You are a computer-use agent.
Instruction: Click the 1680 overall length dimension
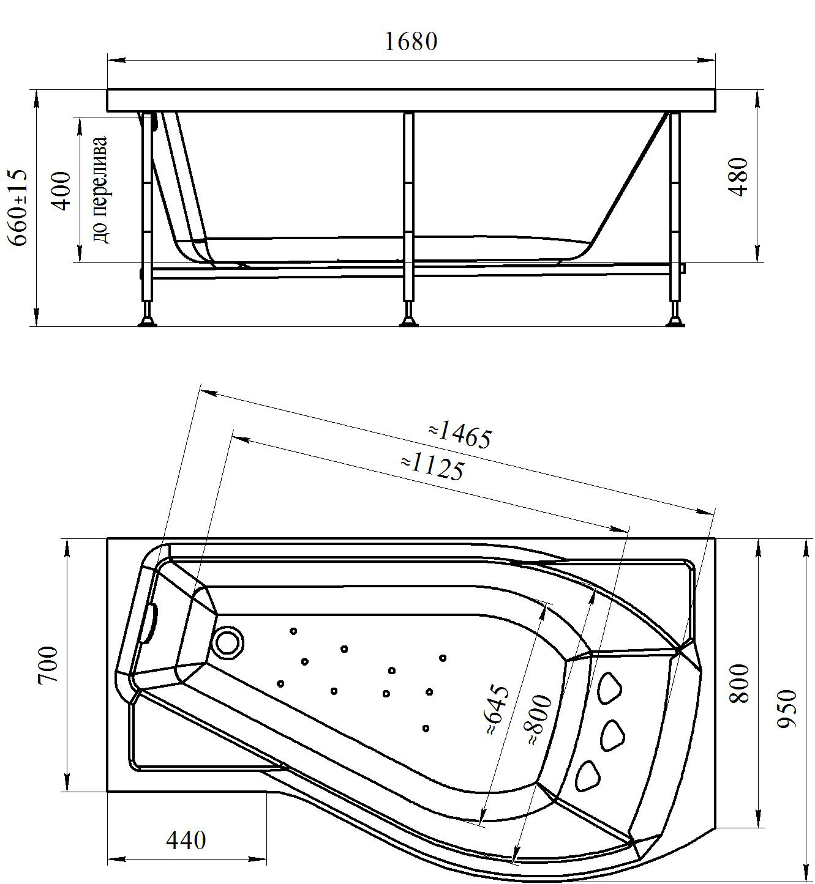411,42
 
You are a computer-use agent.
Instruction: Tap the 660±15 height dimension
20,209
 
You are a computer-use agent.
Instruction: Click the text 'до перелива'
101,190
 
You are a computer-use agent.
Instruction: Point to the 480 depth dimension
740,177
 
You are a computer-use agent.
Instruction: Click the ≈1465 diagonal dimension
460,435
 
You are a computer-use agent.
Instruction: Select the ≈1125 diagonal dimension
432,467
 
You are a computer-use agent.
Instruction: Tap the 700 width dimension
49,664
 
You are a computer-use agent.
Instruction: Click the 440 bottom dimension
186,841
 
